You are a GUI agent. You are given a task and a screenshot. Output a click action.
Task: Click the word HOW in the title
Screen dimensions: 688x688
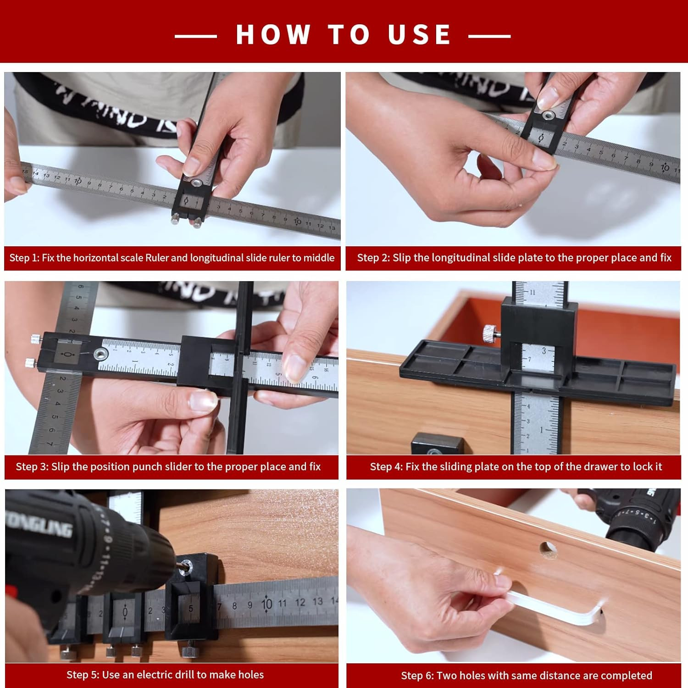click(273, 34)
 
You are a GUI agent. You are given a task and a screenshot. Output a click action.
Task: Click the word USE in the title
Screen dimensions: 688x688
click(420, 34)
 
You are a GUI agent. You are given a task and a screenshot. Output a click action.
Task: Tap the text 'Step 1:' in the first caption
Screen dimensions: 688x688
click(24, 258)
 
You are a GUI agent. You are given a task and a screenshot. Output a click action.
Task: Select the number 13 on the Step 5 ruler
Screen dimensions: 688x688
click(317, 601)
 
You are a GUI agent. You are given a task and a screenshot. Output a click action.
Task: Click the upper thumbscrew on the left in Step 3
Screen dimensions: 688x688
click(35, 339)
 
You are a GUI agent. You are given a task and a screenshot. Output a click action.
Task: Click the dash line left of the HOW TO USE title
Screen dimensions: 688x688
click(196, 36)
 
